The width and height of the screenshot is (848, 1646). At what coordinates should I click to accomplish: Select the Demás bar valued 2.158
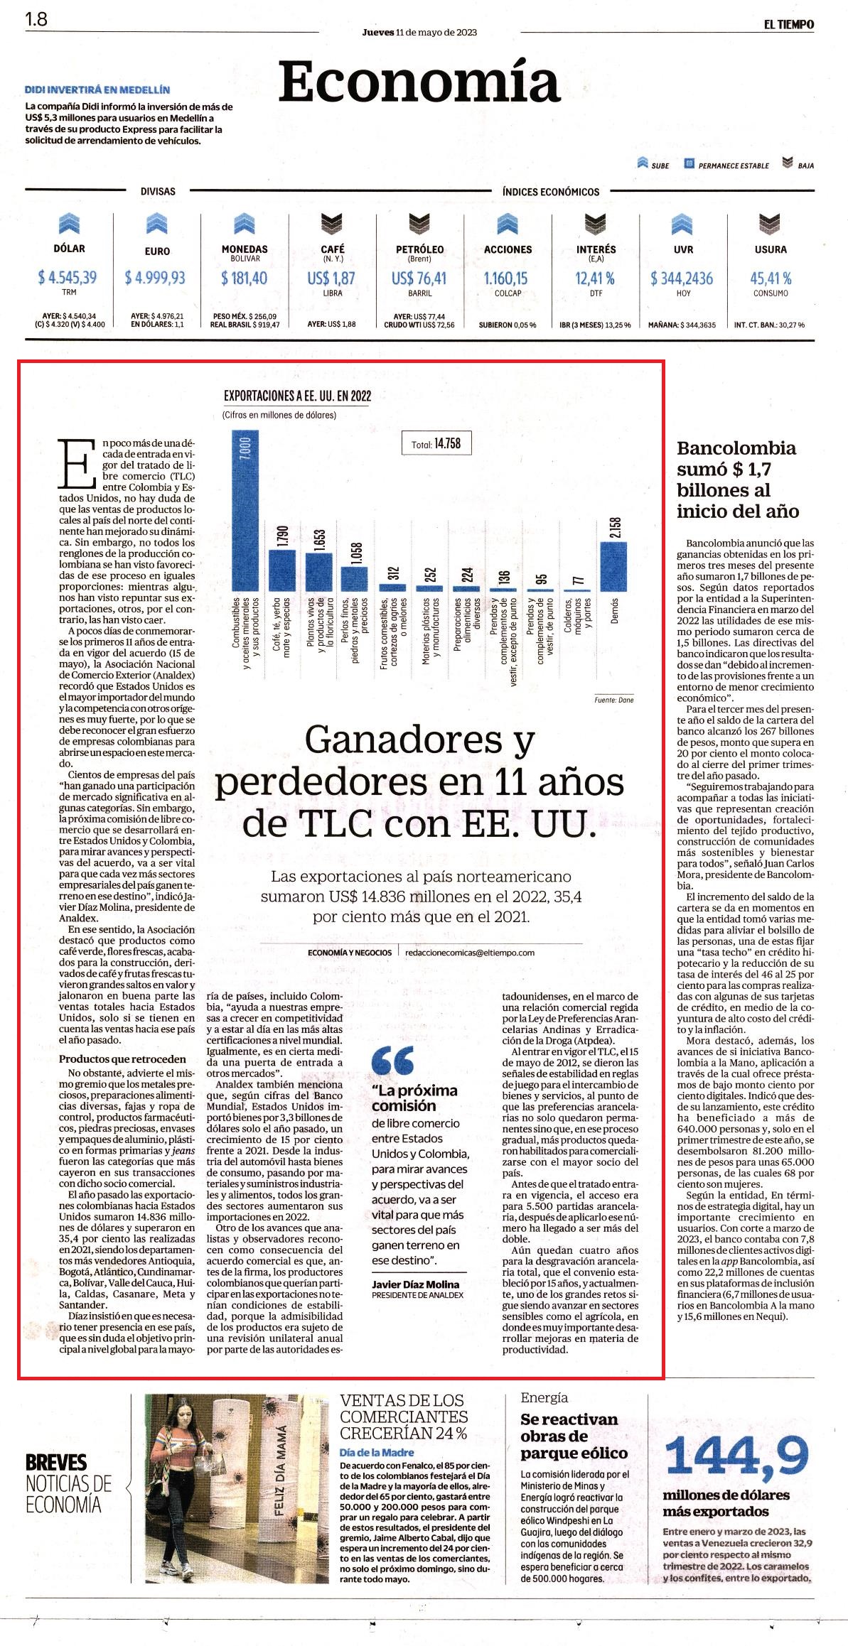point(614,567)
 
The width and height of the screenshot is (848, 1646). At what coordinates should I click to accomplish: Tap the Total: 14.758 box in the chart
point(436,444)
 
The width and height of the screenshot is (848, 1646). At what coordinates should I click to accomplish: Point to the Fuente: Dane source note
point(613,700)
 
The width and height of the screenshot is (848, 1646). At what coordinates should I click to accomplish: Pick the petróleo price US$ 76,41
point(419,278)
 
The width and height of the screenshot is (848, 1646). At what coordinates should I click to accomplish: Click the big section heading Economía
point(419,82)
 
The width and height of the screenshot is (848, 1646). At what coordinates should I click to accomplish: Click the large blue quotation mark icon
point(393,1061)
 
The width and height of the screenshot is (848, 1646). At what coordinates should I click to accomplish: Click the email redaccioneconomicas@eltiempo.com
point(469,953)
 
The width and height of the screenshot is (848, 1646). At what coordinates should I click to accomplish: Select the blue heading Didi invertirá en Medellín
point(97,90)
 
